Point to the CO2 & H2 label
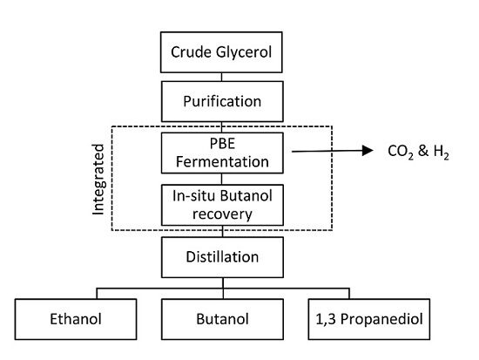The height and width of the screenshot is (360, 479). click(415, 152)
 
